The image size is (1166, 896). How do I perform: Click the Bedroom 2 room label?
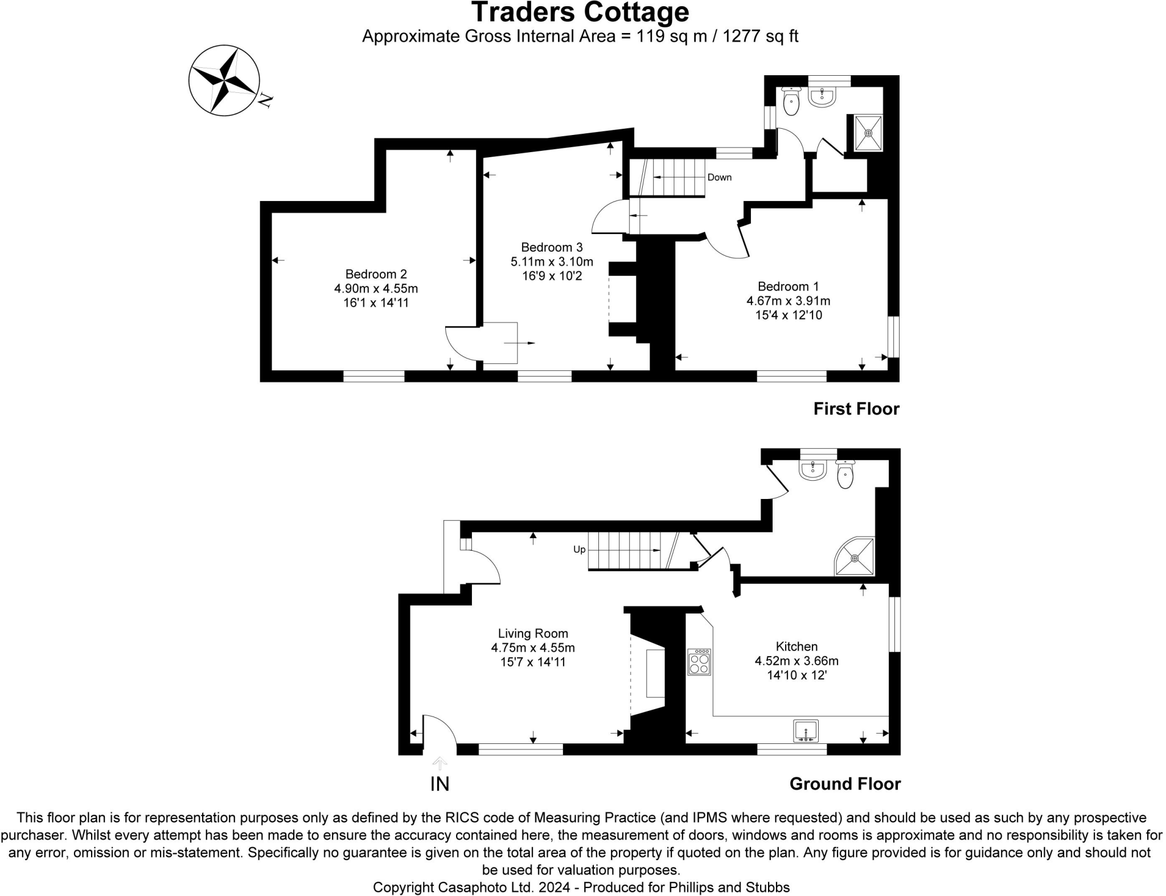pyautogui.click(x=376, y=274)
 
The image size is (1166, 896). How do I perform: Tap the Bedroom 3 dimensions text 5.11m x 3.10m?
pyautogui.click(x=552, y=262)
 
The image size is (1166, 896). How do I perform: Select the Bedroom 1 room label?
pyautogui.click(x=788, y=287)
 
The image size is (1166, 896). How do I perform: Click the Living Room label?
pyautogui.click(x=533, y=633)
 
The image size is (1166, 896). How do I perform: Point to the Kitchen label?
pyautogui.click(x=797, y=647)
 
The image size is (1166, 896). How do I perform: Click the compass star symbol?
pyautogui.click(x=224, y=80)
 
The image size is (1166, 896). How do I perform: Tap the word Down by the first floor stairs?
pyautogui.click(x=719, y=178)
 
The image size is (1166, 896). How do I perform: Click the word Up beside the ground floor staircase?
pyautogui.click(x=579, y=550)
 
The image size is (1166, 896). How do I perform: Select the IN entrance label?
pyautogui.click(x=440, y=784)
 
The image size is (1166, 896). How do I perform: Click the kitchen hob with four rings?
pyautogui.click(x=699, y=662)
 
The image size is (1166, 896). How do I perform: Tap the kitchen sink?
pyautogui.click(x=806, y=731)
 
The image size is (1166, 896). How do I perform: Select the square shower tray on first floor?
pyautogui.click(x=868, y=133)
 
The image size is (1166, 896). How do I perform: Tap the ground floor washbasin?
pyautogui.click(x=812, y=469)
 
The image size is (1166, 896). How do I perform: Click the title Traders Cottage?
pyautogui.click(x=580, y=13)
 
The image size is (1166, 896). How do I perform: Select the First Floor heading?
pyautogui.click(x=856, y=409)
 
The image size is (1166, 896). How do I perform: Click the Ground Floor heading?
pyautogui.click(x=845, y=784)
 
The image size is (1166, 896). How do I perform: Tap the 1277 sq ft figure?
pyautogui.click(x=760, y=36)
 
